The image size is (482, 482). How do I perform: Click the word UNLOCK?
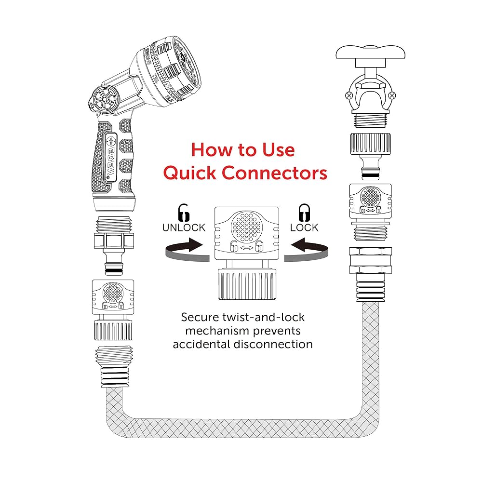point(184,227)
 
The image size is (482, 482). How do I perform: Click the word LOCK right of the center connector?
point(304,227)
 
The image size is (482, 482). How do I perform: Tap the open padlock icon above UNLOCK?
point(184,213)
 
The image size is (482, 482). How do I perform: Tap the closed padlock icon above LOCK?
point(304,213)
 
